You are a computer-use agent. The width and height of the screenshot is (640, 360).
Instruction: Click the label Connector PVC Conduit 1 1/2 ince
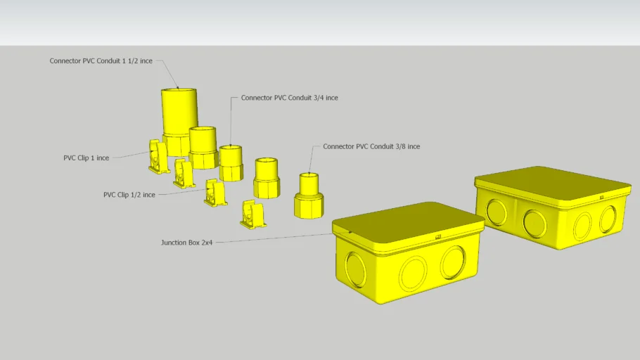pyautogui.click(x=101, y=61)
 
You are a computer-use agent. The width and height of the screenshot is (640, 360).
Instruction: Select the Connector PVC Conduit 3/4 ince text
pyautogui.click(x=289, y=98)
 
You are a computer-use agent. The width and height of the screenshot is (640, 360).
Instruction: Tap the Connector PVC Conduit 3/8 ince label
pyautogui.click(x=371, y=146)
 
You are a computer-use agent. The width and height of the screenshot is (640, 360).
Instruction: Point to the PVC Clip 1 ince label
pyautogui.click(x=86, y=158)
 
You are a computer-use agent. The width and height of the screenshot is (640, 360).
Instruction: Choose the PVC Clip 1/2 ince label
pyautogui.click(x=129, y=195)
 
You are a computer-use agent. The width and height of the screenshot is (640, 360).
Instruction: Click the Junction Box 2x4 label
pyautogui.click(x=186, y=243)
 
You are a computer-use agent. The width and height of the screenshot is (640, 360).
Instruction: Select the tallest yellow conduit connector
pyautogui.click(x=179, y=116)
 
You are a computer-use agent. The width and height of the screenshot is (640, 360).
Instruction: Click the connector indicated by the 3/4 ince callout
pyautogui.click(x=231, y=163)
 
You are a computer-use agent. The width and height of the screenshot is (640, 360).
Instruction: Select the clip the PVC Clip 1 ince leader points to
pyautogui.click(x=158, y=157)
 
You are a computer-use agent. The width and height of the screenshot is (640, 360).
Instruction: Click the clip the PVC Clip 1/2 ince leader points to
pyautogui.click(x=215, y=193)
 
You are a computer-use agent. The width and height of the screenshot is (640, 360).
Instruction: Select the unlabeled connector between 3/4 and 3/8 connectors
pyautogui.click(x=267, y=179)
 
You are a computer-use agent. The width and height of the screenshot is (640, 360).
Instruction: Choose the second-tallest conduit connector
pyautogui.click(x=203, y=146)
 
